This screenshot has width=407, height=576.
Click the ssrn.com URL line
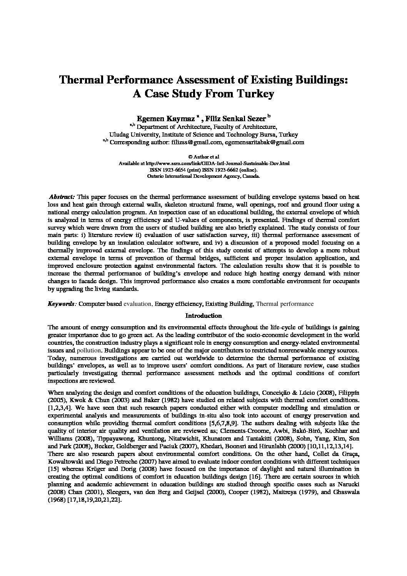(204, 163)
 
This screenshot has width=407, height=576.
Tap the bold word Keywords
(62, 304)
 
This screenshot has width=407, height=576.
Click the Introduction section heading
(203, 316)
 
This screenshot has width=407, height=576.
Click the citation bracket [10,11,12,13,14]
(330, 446)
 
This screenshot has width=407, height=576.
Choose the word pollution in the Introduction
(89, 351)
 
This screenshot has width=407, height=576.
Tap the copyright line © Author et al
(203, 157)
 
